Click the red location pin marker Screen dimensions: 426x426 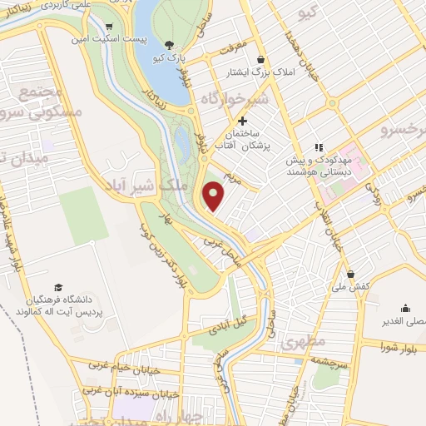click(214, 196)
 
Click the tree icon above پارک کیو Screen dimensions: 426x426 click(170, 45)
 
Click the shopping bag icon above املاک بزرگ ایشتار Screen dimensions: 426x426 click(262, 60)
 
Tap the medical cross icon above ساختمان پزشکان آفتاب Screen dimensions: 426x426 click(242, 121)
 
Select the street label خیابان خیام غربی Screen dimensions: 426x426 click(125, 365)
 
